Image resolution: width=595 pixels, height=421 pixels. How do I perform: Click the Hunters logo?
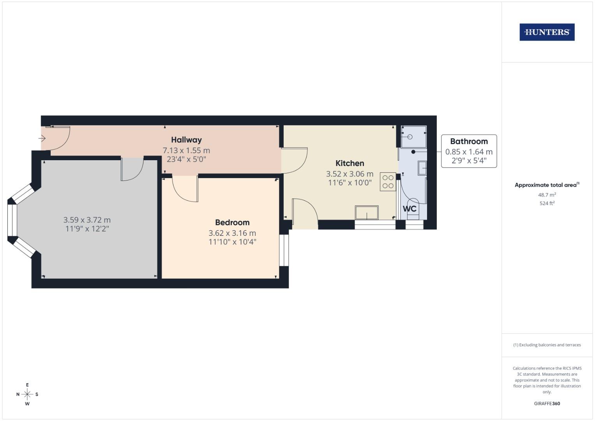(x=547, y=32)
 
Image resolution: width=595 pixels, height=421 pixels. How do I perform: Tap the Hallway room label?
(x=186, y=140)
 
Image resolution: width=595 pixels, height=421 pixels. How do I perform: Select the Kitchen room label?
(x=350, y=163)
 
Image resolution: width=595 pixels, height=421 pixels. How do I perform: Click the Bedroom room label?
(x=232, y=223)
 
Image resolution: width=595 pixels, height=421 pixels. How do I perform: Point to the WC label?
(x=410, y=209)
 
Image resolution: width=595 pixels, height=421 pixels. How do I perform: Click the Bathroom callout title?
(x=469, y=142)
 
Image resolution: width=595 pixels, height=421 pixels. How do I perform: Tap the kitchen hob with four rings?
(x=388, y=182)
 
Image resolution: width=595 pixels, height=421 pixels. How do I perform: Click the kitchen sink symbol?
(x=367, y=213)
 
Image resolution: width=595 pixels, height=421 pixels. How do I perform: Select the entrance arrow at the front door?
(x=42, y=138)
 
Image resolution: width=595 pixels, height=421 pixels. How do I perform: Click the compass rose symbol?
(x=27, y=394)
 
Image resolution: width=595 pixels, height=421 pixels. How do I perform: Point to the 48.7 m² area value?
(x=547, y=195)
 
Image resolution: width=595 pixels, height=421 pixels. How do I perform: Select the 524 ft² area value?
(x=547, y=203)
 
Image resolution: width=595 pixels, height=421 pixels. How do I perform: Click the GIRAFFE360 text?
(x=547, y=403)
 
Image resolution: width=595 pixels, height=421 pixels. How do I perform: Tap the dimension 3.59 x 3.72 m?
(x=87, y=220)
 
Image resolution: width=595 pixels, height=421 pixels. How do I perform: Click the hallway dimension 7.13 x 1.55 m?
(x=186, y=150)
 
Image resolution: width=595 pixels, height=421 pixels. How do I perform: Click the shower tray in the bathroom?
(x=413, y=137)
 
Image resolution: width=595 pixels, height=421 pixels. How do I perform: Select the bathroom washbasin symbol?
(x=422, y=168)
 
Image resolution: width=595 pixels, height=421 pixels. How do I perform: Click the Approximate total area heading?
(x=547, y=185)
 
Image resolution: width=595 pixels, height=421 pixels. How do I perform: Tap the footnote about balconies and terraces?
(x=547, y=345)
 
